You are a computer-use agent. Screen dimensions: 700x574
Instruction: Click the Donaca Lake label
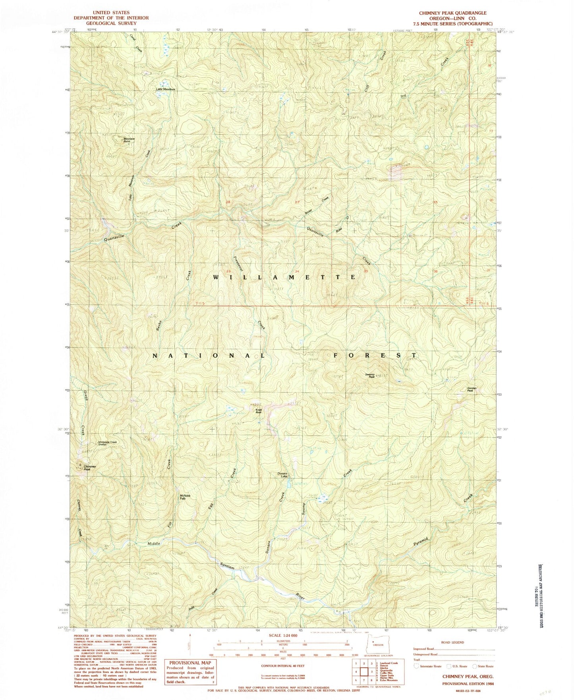coord(282,475)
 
